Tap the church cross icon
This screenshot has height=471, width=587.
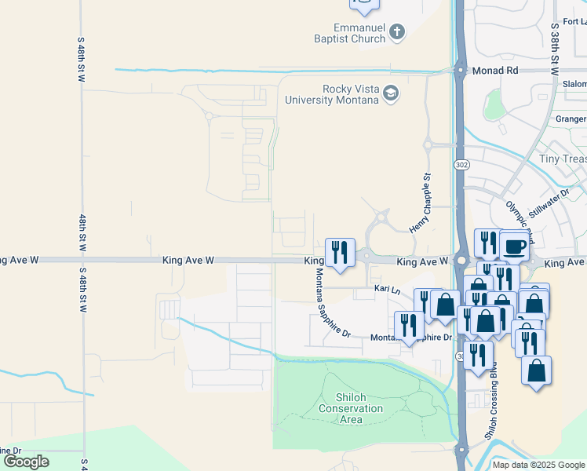[397, 32]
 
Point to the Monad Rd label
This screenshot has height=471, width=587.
[495, 71]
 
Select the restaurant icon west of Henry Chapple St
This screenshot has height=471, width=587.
[340, 252]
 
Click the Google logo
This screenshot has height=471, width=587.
[26, 462]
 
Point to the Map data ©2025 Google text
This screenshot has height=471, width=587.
[538, 465]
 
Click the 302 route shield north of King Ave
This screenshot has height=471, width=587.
[461, 164]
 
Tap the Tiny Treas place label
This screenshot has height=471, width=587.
[563, 159]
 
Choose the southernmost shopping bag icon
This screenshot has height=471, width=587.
[536, 370]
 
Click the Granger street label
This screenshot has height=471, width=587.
[570, 119]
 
